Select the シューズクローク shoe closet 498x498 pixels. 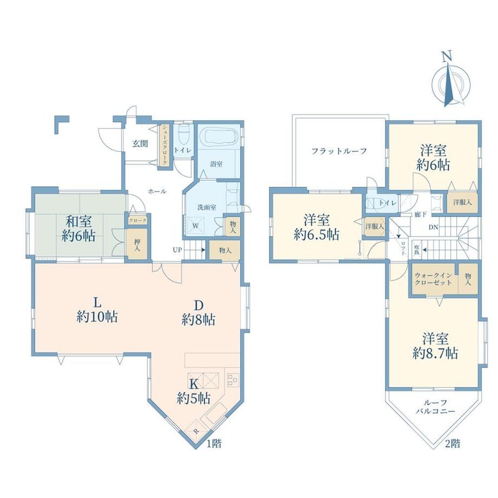tap(165, 145)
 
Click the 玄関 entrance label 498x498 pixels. tap(140, 143)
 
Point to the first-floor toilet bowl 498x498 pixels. tap(184, 134)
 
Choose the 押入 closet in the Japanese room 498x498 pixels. tap(137, 244)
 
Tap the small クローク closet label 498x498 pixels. tap(137, 220)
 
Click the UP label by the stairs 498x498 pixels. tap(177, 250)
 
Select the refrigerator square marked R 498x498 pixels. tap(195, 431)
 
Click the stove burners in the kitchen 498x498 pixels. tap(233, 379)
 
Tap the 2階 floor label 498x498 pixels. tap(453, 443)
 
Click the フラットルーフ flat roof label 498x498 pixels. tap(339, 151)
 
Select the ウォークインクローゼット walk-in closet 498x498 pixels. tap(434, 279)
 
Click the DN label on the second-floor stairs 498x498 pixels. tap(434, 227)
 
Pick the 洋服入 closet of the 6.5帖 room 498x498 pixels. tap(375, 227)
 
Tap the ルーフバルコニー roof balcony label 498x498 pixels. tap(435, 407)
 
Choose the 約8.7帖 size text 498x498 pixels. tap(435, 353)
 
